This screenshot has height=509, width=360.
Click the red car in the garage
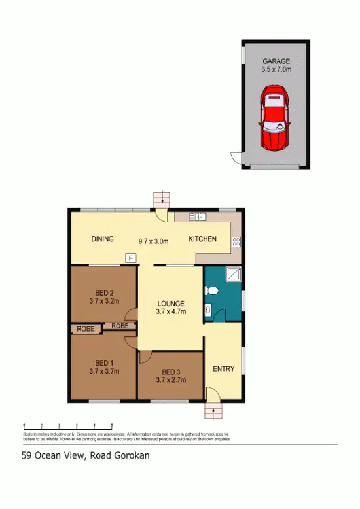(276, 120)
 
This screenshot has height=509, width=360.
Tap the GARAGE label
(276, 61)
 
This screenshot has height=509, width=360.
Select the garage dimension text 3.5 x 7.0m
(276, 70)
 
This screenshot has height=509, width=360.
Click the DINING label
(103, 239)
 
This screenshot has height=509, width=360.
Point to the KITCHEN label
(202, 239)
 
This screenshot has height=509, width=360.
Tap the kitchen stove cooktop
(236, 242)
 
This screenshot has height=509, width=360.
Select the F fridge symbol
(130, 258)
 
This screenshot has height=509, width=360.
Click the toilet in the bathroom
(209, 311)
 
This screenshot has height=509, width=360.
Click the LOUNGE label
(170, 304)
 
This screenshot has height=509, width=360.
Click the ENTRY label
(224, 369)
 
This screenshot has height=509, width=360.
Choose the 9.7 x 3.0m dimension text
(153, 241)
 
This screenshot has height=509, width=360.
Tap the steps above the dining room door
(160, 198)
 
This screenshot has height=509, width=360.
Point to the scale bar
(68, 426)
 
